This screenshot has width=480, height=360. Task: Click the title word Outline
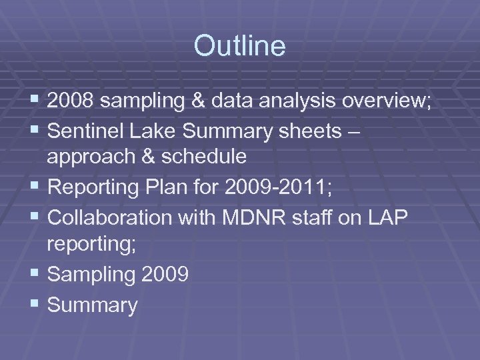click(x=239, y=46)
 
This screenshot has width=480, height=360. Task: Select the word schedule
click(x=205, y=157)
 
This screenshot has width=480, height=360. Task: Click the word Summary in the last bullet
click(x=93, y=306)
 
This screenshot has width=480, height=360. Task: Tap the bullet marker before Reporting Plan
click(x=37, y=188)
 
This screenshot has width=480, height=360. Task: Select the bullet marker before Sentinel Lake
click(x=37, y=132)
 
